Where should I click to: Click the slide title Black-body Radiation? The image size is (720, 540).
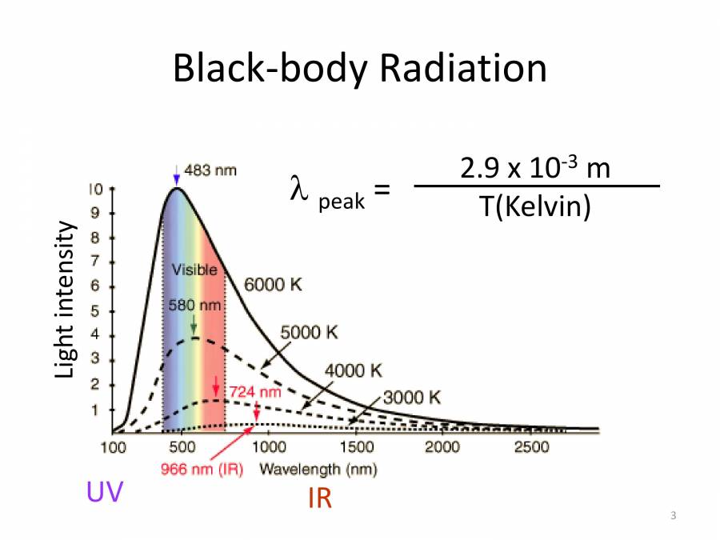[360, 69]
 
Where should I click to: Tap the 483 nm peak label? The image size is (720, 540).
[210, 170]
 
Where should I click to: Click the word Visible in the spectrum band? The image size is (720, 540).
[195, 270]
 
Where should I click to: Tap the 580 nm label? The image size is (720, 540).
[194, 306]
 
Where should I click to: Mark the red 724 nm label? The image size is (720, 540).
[256, 393]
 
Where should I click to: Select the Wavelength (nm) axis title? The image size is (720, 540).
[318, 469]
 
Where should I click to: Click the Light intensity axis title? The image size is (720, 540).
[66, 299]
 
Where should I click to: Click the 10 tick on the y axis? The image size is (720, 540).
[96, 190]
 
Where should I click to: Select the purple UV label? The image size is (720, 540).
[105, 493]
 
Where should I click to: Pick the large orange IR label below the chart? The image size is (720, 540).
[319, 499]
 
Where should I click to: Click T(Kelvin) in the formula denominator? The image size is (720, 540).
[535, 207]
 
